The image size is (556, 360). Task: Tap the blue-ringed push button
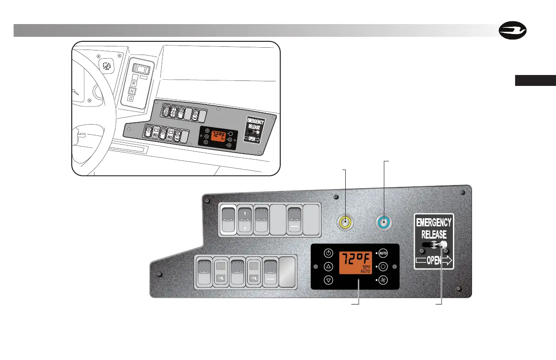[384, 223]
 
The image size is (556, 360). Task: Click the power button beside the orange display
[328, 253]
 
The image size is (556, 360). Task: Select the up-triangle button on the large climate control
[328, 267]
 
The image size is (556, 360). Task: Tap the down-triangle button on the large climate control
[328, 280]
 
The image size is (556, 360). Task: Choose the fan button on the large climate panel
[383, 280]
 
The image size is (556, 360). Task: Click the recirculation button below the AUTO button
[383, 267]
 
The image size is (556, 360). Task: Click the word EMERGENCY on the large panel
[434, 223]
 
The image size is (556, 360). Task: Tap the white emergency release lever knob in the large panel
[443, 245]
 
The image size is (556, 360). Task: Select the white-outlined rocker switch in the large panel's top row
[228, 220]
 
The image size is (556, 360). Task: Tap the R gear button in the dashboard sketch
[134, 84]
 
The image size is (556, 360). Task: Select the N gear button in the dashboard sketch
[133, 90]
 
